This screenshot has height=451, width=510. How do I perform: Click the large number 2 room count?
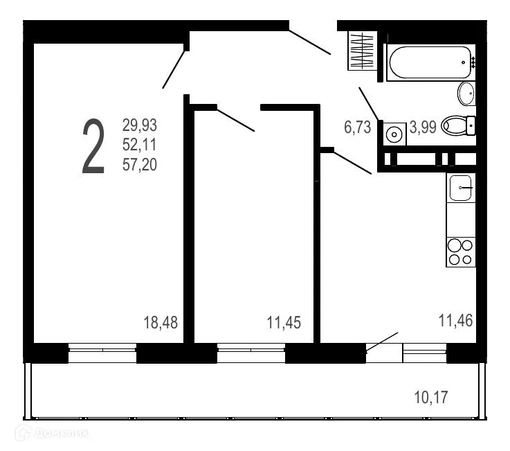(93, 146)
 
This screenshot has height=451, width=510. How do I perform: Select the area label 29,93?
(140, 125)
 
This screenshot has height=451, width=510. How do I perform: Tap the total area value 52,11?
(140, 145)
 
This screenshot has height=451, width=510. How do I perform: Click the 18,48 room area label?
(161, 322)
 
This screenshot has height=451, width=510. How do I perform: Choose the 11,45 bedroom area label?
(284, 322)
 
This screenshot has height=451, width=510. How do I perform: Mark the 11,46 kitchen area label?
(456, 319)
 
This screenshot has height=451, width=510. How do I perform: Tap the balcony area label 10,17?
(431, 398)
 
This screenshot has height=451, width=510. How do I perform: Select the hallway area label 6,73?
(358, 127)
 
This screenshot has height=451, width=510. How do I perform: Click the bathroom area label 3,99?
(423, 127)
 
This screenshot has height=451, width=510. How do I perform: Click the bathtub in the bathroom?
(430, 63)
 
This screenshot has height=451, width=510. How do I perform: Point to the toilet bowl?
(457, 125)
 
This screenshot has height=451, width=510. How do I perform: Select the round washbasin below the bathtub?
(466, 93)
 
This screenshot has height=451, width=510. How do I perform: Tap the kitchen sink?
(461, 188)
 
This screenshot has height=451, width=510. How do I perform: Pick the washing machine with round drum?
(395, 134)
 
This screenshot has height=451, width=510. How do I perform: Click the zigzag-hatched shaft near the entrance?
(362, 51)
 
